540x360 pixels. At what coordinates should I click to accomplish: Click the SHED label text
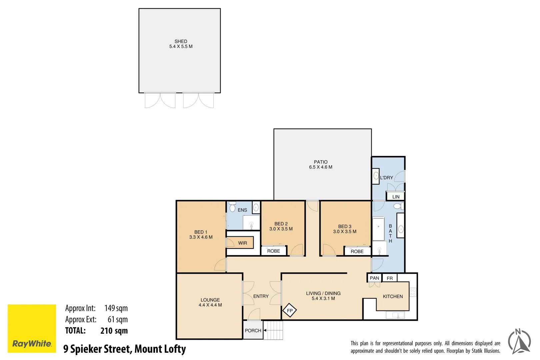coord(181,42)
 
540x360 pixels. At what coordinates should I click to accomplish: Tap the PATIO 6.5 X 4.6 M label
coord(321,164)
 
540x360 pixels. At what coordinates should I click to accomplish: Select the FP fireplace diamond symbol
coord(290,311)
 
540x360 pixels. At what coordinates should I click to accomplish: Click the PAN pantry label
coord(374,278)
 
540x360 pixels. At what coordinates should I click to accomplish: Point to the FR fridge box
coord(390,278)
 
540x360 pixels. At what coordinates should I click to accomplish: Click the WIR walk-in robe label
coord(242,243)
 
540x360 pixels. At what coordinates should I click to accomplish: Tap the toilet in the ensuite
coord(233,207)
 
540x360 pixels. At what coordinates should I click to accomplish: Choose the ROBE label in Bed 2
coord(274,251)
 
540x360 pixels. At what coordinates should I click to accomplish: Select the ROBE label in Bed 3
coord(357,251)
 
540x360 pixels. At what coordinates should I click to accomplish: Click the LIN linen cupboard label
coord(396,197)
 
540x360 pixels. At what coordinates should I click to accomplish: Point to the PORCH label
coord(253,331)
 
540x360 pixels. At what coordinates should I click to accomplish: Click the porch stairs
coord(274,330)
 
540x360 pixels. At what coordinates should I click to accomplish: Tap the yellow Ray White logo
coord(32,328)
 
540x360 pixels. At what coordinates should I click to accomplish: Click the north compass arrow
coord(519,342)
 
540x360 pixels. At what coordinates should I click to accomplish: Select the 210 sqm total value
coord(114,331)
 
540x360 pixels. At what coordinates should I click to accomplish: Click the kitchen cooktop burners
coord(413,292)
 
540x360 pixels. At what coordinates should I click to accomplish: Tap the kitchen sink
coord(395,315)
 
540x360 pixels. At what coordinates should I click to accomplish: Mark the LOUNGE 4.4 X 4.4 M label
coord(210,302)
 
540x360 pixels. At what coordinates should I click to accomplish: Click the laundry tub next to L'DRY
coord(376,176)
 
